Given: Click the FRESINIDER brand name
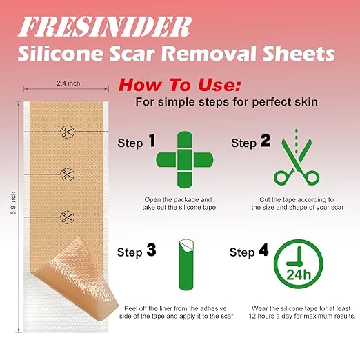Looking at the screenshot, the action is coord(105,27).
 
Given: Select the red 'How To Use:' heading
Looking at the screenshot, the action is coord(179,85).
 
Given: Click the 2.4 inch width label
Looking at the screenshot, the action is coord(68,83).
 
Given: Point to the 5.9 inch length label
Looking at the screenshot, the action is coord(13,203).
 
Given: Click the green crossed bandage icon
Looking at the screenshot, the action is coord(185,160).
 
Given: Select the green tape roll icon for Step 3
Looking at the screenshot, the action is coord(186,264).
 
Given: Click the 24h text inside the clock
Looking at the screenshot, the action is coord(299,274).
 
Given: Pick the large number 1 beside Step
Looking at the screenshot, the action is coord(152,141).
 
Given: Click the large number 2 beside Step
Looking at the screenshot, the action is coord(266,141).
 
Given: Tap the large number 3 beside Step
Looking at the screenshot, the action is coord(151,250).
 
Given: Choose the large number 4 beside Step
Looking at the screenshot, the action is coord(263,250).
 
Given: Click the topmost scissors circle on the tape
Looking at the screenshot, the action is coord(67,132).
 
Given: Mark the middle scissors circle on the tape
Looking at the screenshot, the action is coord(67,174).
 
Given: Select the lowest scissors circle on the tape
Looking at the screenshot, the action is coord(67,217).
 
